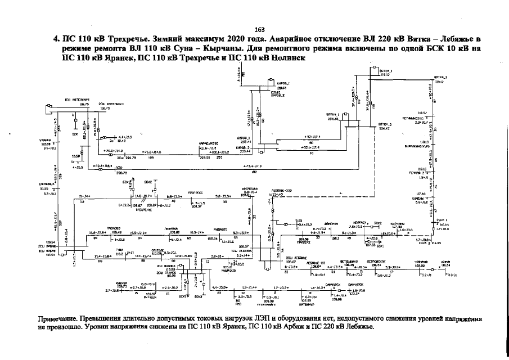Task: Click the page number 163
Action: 260,30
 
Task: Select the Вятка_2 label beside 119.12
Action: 440,77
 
